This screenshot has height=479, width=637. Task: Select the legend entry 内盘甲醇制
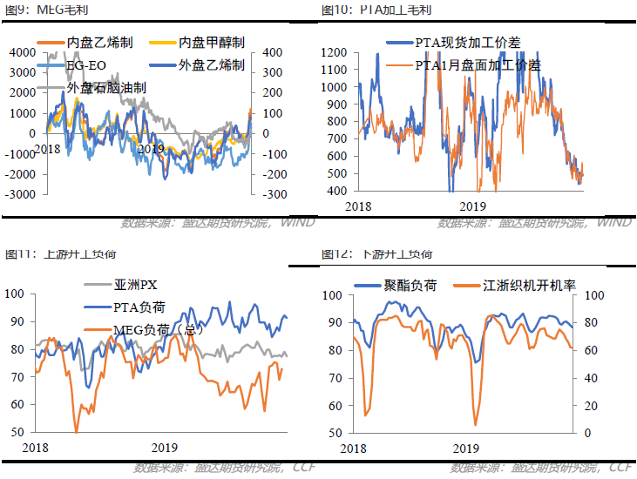211,42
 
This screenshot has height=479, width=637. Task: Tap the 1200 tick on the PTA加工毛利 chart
334,53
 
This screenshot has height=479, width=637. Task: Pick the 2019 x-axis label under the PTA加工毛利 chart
472,206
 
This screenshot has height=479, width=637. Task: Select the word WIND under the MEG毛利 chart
298,223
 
